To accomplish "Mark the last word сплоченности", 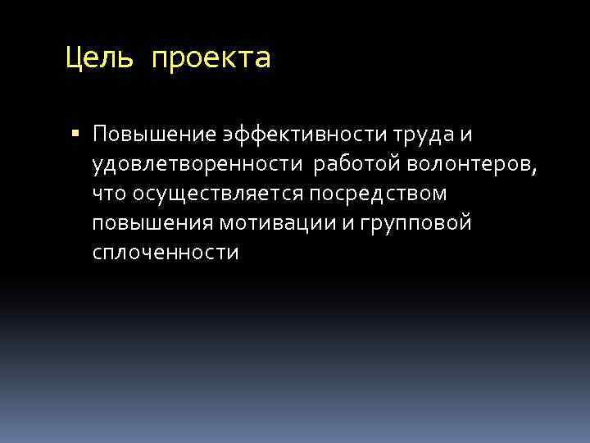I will [166, 253].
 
